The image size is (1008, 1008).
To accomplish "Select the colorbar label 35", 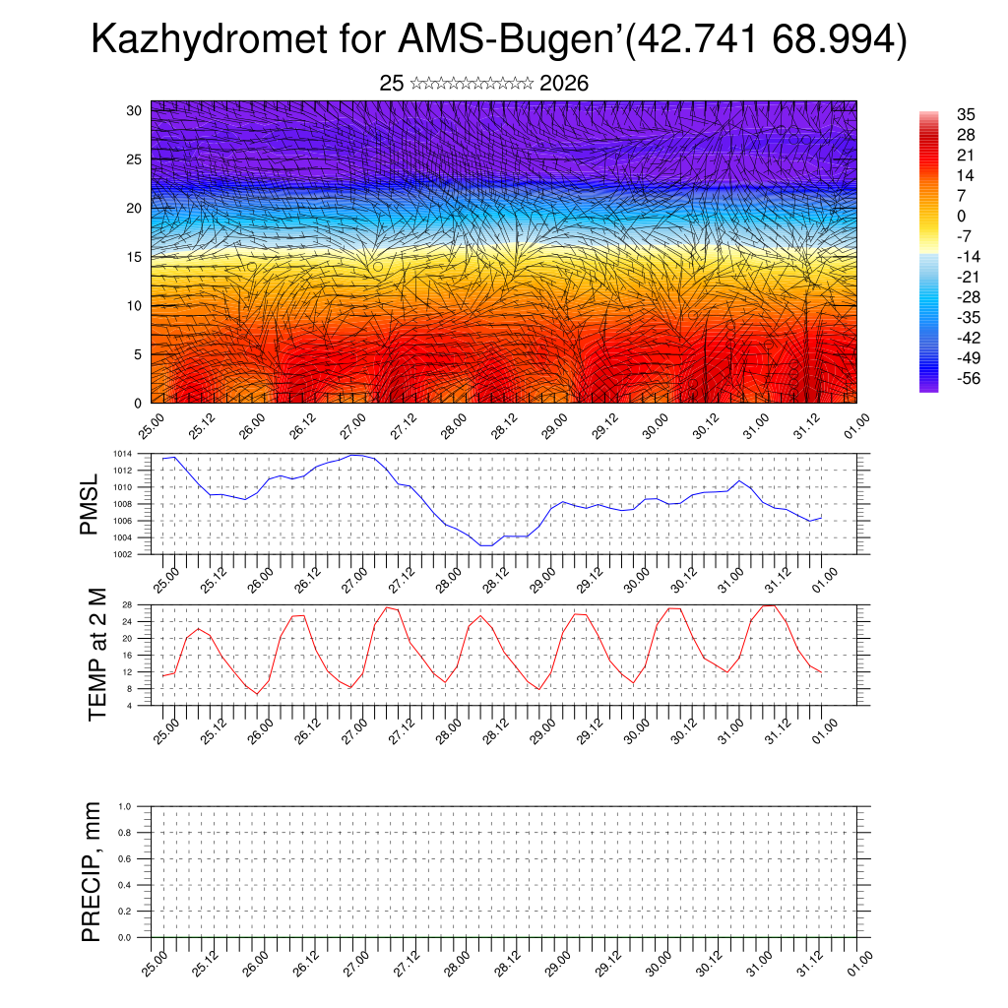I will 965,115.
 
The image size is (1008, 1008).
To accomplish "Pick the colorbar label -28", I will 969,297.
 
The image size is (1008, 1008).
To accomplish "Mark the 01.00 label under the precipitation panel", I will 857,962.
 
